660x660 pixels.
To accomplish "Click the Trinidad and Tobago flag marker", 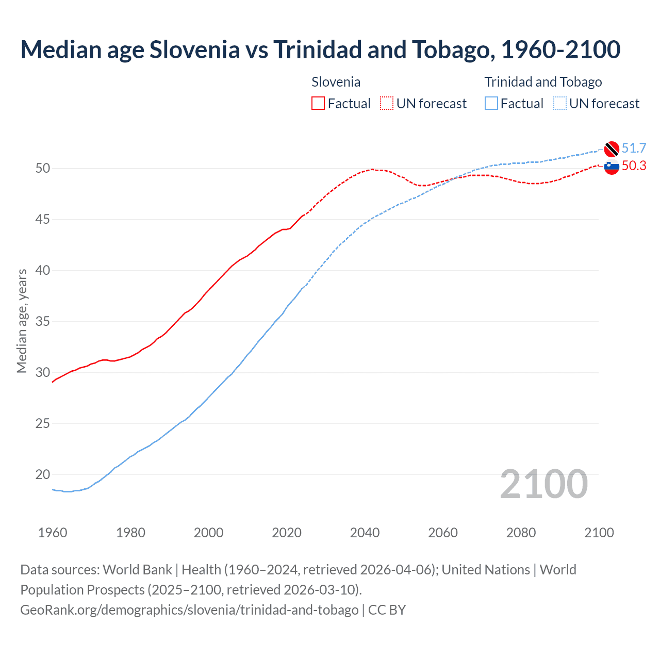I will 612,148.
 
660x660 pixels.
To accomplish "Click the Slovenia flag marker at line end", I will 612,167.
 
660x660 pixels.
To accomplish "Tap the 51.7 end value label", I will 634,148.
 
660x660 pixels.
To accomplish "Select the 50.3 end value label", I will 634,166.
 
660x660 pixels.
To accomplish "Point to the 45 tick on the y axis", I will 43,220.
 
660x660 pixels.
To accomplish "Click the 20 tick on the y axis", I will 43,474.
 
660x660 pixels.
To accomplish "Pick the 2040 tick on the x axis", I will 365,533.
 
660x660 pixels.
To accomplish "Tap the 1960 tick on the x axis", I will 53,533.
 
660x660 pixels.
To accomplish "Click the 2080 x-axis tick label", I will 521,533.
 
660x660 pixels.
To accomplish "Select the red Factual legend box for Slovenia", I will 318,104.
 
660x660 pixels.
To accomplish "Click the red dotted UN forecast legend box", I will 387,104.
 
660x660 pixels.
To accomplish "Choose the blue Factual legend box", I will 491,104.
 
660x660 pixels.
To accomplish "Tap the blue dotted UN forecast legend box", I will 560,104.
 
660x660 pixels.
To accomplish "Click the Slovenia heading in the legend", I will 336,82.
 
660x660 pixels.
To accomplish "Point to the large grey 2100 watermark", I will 543,484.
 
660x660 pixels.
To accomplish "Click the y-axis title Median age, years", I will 22,321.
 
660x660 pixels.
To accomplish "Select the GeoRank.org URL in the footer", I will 189,609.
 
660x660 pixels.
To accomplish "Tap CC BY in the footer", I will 387,609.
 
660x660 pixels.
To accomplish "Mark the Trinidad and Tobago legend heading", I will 543,82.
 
